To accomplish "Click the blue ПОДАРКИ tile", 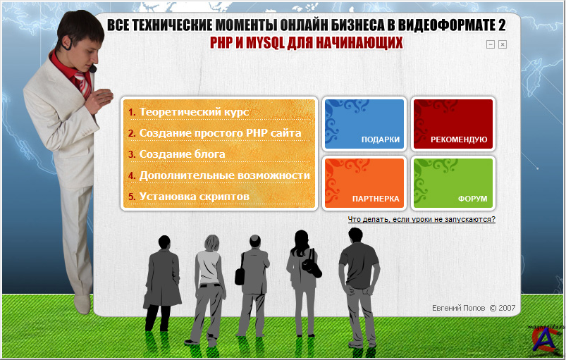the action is [x=364, y=124].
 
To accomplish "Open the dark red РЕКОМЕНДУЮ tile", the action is [x=453, y=124].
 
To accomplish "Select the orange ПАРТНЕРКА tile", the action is [x=364, y=183].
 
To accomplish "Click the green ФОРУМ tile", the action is [x=453, y=183].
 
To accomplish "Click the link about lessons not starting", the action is [x=422, y=219].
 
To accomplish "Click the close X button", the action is [x=503, y=44].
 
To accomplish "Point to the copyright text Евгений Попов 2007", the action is [x=474, y=308].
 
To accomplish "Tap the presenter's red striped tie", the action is [x=83, y=83].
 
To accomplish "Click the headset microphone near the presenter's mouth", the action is [x=93, y=68].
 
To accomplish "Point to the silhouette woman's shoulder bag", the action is [x=311, y=265].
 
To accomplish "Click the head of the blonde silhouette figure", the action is [x=212, y=243].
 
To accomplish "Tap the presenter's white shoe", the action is [x=82, y=304].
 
